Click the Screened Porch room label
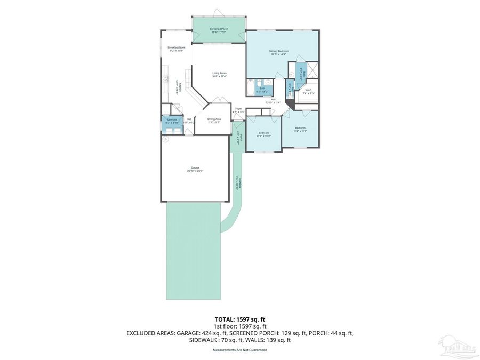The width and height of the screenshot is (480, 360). [219, 30]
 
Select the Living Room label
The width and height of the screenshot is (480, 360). [219, 75]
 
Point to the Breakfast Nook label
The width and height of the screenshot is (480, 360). [176, 49]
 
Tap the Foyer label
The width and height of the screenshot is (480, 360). [239, 110]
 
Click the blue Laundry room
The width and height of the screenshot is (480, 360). [172, 121]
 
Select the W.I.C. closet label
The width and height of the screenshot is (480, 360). [308, 92]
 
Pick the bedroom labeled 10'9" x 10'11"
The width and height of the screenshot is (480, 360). [263, 134]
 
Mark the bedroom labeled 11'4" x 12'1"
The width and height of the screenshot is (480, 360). [300, 129]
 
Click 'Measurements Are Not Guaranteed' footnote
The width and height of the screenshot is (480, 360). [239, 350]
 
